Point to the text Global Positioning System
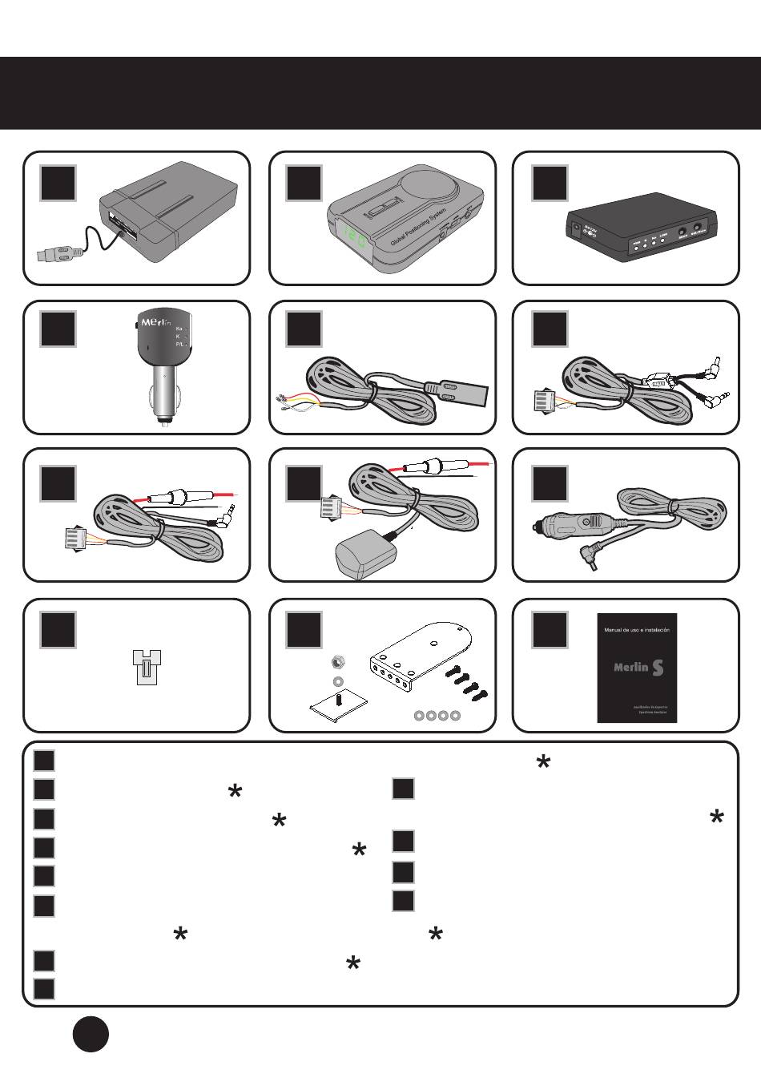pos(417,227)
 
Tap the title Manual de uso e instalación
pos(637,630)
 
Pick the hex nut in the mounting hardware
pos(337,662)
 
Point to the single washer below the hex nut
pos(338,680)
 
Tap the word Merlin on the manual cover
pos(630,667)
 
